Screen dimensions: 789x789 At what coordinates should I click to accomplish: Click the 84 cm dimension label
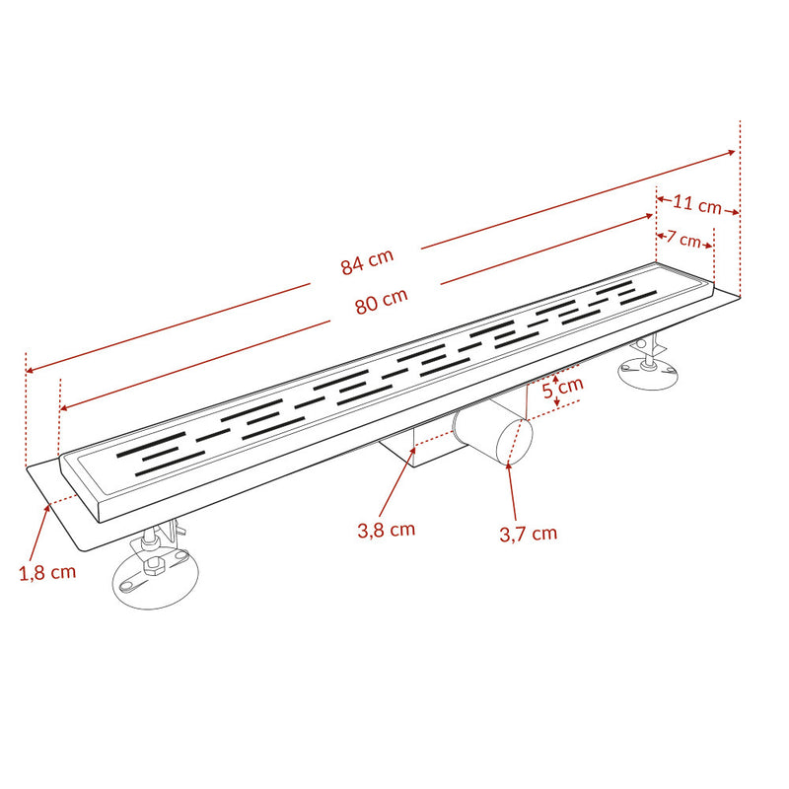pos(367,261)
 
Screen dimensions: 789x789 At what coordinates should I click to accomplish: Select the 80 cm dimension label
pos(382,301)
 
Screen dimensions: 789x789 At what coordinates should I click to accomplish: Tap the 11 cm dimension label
pos(697,204)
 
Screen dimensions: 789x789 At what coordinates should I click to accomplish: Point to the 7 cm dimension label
pos(683,239)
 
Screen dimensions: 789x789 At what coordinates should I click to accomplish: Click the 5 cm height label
pos(563,388)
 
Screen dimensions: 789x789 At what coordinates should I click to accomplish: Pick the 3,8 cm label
pos(386,530)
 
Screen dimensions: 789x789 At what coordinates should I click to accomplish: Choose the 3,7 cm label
pos(529,534)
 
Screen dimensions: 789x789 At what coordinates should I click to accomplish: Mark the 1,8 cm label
pos(47,573)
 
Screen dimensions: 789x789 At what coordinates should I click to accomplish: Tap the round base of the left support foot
pos(155,579)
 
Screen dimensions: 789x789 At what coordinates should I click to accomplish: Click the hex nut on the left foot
pos(153,565)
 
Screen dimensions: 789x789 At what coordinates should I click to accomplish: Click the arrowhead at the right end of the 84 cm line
pos(732,153)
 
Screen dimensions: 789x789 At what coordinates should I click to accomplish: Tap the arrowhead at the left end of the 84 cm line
pos(30,371)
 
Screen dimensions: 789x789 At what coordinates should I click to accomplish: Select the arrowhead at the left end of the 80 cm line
pos(63,408)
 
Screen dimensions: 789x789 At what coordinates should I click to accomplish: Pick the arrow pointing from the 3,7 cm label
pos(512,490)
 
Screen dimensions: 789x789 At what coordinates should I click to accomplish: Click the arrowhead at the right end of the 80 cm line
pos(649,216)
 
